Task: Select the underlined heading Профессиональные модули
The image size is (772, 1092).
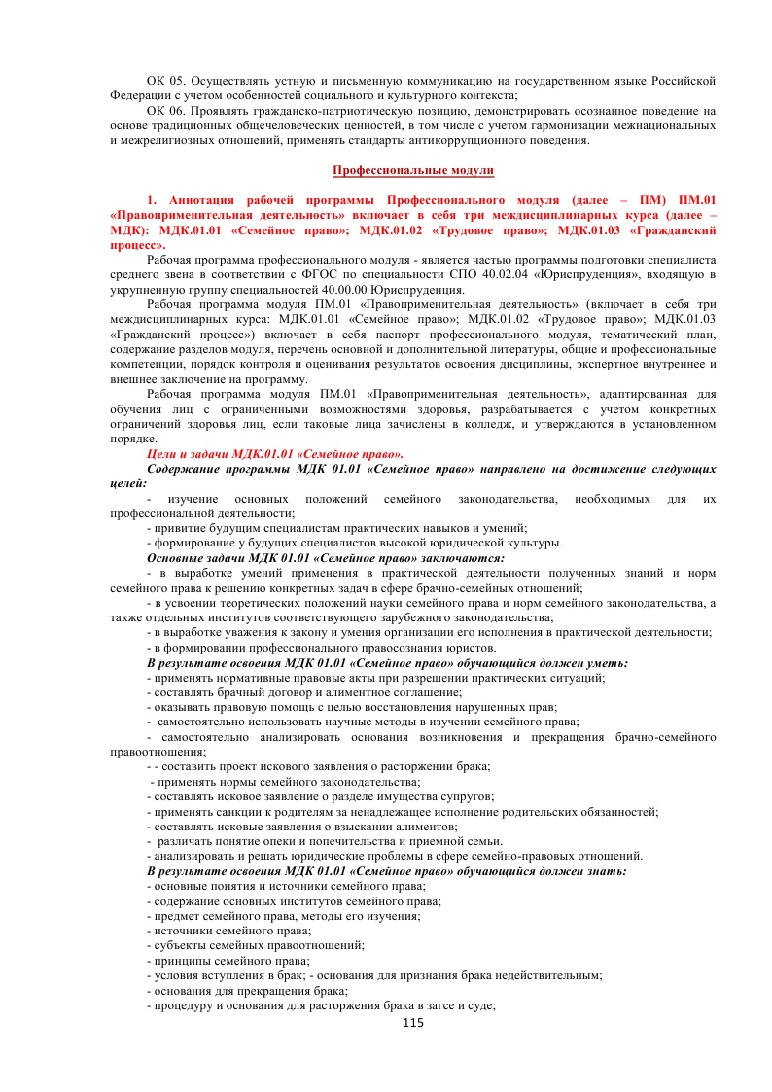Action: click(x=413, y=170)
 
